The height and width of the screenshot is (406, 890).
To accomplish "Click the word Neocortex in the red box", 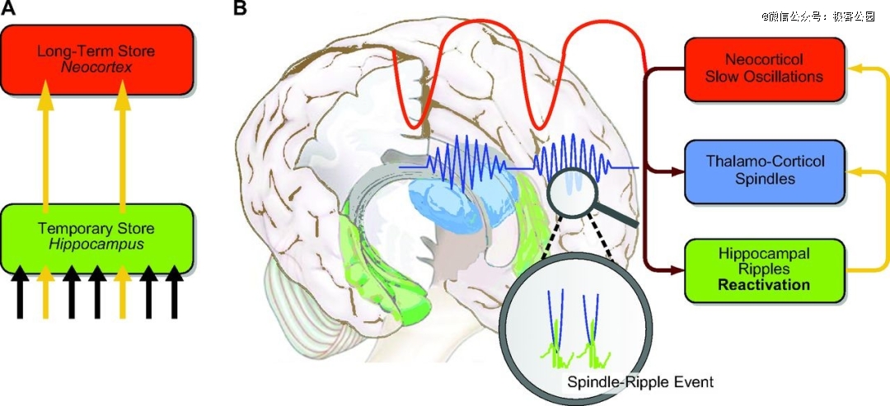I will coord(96,67).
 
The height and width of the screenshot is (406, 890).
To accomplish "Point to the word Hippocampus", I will coord(96,244).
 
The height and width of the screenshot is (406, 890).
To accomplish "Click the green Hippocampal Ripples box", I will coord(764,268).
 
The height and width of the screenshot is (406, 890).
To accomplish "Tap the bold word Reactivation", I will coord(764,285).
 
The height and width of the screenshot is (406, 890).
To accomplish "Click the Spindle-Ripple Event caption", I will coord(640,382).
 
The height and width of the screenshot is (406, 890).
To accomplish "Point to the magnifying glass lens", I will coord(569,190).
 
